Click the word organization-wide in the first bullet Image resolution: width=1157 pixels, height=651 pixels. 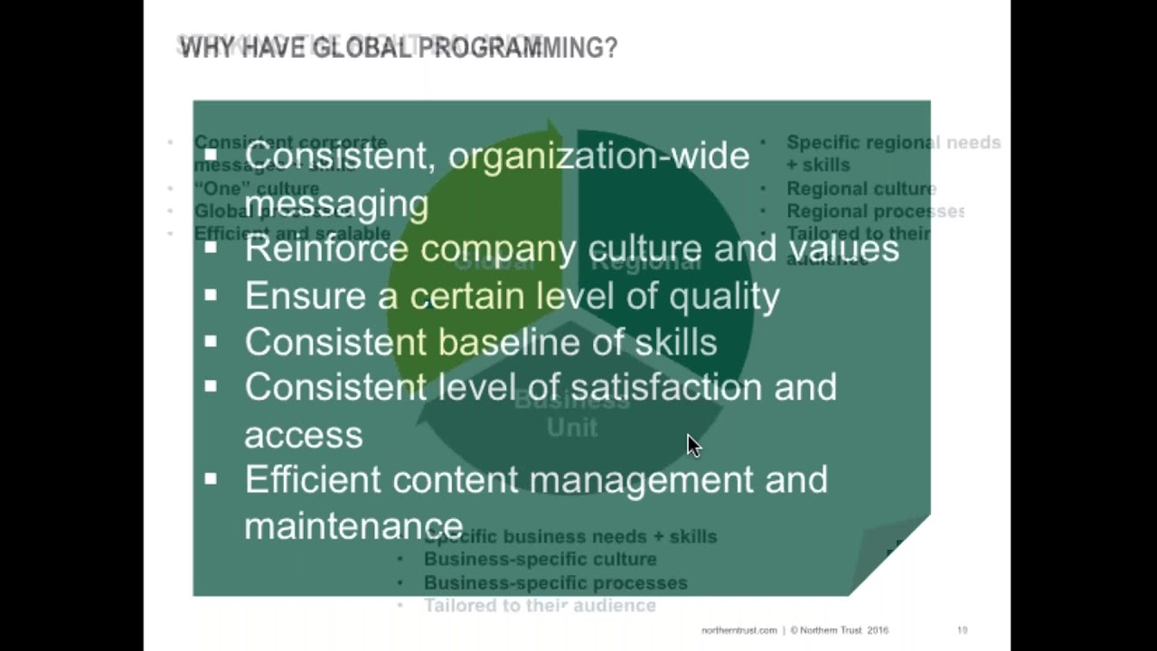[x=598, y=156]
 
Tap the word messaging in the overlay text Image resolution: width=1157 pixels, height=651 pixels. [x=336, y=203]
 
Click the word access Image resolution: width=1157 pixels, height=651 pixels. [x=303, y=435]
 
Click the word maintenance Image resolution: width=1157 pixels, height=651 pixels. [x=353, y=526]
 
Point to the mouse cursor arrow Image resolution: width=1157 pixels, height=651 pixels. [x=692, y=445]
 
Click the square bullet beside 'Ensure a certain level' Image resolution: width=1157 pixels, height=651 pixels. [x=211, y=295]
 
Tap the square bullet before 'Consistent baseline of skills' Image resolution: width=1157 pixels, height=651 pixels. [x=211, y=341]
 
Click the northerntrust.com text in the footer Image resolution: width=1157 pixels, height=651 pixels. [x=738, y=630]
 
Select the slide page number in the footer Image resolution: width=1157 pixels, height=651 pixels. [x=962, y=630]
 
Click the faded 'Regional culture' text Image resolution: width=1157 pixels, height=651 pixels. [x=861, y=189]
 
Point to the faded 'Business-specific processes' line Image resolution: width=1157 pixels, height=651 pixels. [x=555, y=583]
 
